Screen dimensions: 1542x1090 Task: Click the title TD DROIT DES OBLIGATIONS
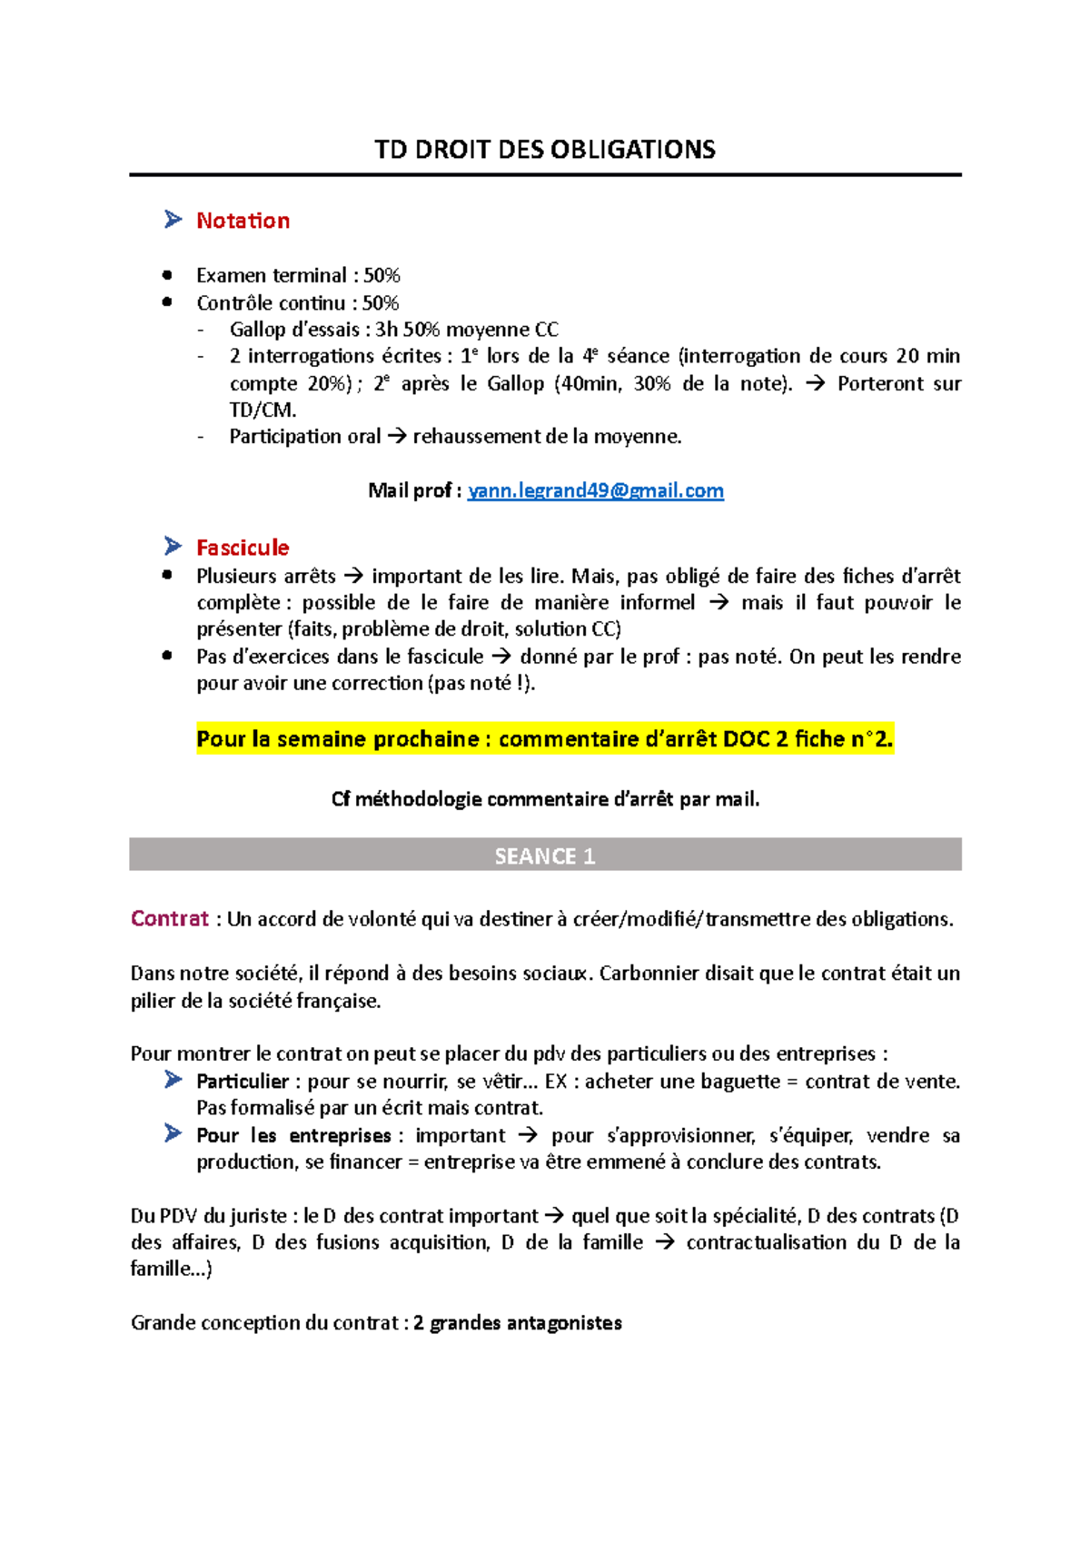[545, 150]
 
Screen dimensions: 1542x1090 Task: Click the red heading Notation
[243, 221]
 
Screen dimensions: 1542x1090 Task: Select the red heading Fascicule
[243, 548]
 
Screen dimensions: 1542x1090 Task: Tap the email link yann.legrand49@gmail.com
[595, 491]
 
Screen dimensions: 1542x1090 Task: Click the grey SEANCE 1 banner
[545, 855]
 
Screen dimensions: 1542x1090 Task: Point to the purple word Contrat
[169, 919]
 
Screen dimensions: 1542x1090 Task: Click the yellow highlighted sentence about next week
[545, 739]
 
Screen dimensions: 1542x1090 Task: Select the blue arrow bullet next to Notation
[173, 220]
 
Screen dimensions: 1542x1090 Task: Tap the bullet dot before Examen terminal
[167, 275]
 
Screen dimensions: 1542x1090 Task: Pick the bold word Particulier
[242, 1082]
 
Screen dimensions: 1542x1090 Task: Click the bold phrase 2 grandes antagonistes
[517, 1323]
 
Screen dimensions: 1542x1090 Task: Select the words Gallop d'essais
[294, 330]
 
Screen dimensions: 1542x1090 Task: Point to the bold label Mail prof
[414, 491]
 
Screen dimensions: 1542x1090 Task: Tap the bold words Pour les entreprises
[293, 1136]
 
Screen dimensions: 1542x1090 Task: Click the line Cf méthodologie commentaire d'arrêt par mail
[545, 799]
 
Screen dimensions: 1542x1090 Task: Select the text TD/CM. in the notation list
[263, 410]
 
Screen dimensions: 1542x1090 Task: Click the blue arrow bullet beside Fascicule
[173, 547]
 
